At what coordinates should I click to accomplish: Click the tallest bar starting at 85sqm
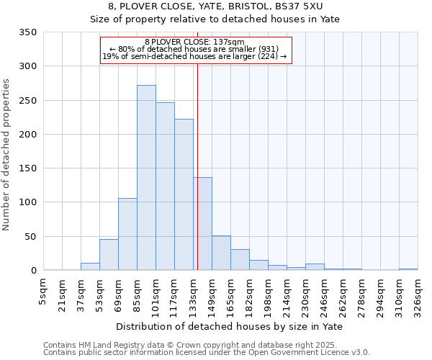click(146, 178)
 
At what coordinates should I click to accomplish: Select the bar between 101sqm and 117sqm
click(165, 186)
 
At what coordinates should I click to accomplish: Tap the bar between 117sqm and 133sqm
click(184, 194)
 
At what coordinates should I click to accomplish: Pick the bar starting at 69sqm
click(127, 234)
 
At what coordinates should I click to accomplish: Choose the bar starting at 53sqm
click(109, 255)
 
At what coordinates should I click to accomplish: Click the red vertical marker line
click(197, 144)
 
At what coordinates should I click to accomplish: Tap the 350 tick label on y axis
click(27, 32)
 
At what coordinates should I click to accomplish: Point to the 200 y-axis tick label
click(27, 135)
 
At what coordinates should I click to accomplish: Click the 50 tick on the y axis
click(30, 237)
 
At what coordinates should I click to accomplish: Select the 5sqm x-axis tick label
click(44, 290)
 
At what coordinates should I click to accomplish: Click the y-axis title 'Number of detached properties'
click(6, 155)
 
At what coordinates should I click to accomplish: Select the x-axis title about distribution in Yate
click(230, 326)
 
